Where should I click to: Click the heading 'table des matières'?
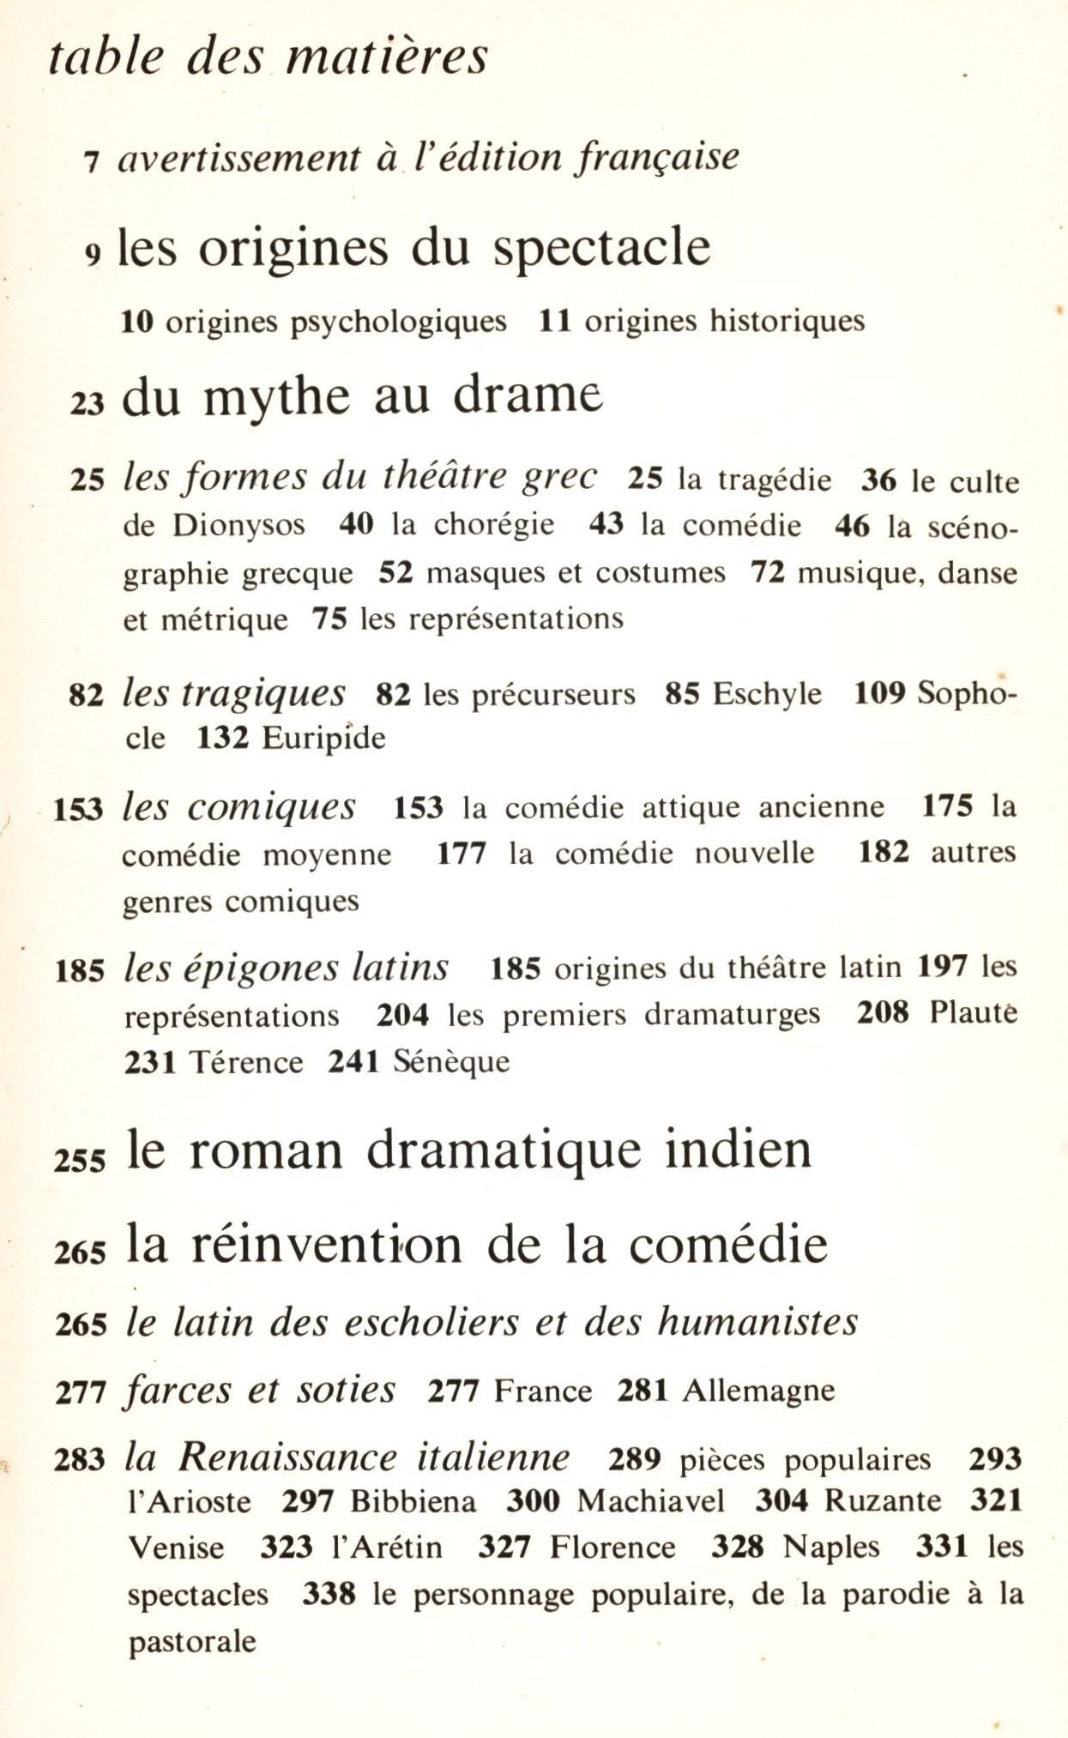(x=268, y=57)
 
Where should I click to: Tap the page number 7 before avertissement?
(x=93, y=161)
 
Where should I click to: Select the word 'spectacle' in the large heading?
(x=601, y=249)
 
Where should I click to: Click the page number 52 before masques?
(x=395, y=572)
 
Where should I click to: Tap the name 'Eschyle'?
(x=767, y=693)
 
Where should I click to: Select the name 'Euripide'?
(x=323, y=738)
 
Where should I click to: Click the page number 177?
(x=462, y=854)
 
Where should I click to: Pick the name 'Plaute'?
(x=974, y=1013)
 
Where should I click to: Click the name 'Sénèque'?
(x=451, y=1062)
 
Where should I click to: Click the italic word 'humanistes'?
(x=757, y=1322)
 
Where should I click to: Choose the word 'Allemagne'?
(x=758, y=1391)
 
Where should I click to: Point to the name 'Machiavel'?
(x=650, y=1501)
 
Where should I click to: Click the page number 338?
(x=329, y=1595)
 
